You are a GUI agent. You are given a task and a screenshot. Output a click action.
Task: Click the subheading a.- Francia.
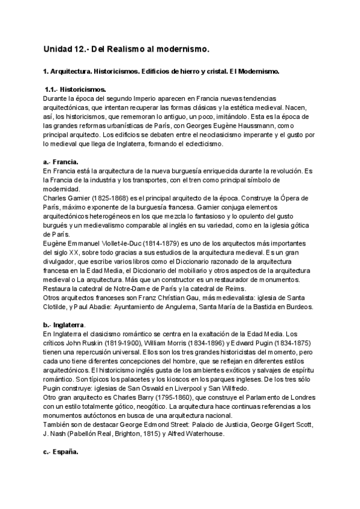pos(61,162)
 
